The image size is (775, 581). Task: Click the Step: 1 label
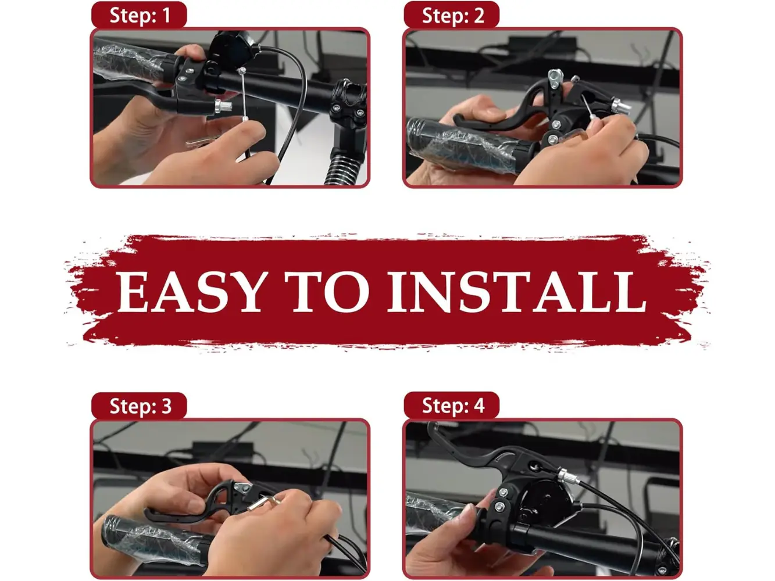(x=140, y=16)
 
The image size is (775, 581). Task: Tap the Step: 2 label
(x=453, y=16)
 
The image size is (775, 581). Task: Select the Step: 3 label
(x=141, y=406)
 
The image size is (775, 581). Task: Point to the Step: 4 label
(x=453, y=406)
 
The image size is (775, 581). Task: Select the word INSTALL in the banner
(x=516, y=292)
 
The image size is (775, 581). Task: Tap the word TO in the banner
(x=327, y=292)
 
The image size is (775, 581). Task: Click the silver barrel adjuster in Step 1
(x=223, y=106)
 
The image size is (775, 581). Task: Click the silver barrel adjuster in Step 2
(x=621, y=106)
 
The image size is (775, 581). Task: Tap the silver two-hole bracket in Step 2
(x=555, y=79)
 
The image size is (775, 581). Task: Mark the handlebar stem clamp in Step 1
(x=348, y=102)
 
